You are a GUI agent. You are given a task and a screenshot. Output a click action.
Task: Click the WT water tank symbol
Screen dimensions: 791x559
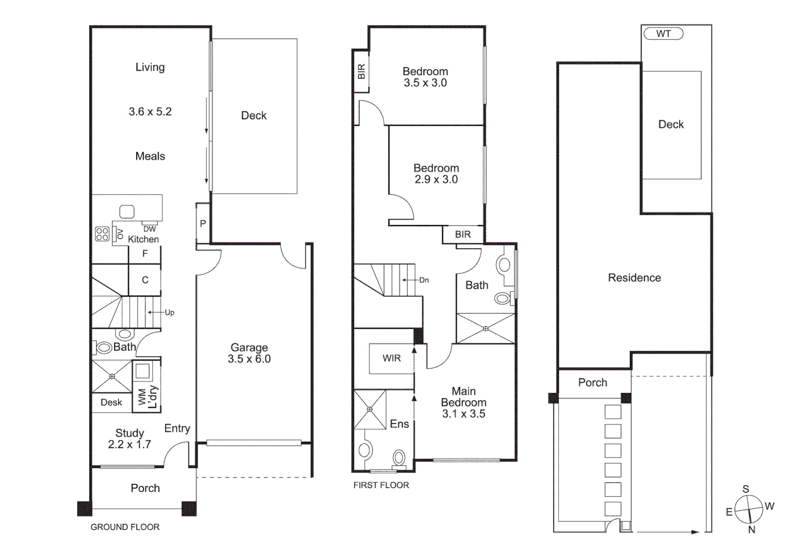point(663,34)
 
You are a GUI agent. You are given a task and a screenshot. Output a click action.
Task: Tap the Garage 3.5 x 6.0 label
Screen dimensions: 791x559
point(249,354)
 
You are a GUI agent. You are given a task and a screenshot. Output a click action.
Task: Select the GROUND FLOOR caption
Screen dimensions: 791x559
point(125,527)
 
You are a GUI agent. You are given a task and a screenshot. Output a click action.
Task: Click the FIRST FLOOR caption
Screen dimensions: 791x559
point(381,485)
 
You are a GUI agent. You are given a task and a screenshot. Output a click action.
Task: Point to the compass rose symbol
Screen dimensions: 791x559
point(749,509)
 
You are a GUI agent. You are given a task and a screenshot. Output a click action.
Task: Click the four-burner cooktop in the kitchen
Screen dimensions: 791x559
point(102,234)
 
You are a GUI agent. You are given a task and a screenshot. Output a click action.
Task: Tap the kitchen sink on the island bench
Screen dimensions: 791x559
point(127,211)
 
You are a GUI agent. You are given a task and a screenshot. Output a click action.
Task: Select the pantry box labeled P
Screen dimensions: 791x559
point(203,224)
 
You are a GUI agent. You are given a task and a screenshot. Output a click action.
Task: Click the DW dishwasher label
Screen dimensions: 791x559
point(150,229)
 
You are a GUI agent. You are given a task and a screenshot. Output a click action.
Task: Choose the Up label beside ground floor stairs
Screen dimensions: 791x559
point(170,313)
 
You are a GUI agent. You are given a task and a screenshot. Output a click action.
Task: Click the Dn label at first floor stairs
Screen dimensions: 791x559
point(424,280)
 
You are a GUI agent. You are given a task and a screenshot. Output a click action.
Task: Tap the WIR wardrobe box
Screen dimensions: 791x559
point(392,358)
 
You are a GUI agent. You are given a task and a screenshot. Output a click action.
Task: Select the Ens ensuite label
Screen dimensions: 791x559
point(399,424)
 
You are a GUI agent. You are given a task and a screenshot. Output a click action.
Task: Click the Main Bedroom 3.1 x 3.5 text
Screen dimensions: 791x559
point(464,402)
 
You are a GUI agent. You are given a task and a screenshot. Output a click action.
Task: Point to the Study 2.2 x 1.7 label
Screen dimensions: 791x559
point(129,438)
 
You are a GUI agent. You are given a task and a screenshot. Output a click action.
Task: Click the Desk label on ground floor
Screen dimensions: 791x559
point(111,402)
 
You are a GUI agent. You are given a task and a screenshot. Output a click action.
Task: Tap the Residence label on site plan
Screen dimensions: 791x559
point(634,278)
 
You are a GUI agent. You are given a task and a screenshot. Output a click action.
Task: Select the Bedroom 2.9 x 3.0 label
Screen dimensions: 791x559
point(436,174)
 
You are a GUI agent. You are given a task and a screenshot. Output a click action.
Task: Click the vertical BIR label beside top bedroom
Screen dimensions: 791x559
point(361,71)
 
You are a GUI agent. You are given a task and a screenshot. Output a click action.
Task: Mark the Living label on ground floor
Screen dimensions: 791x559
point(150,67)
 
